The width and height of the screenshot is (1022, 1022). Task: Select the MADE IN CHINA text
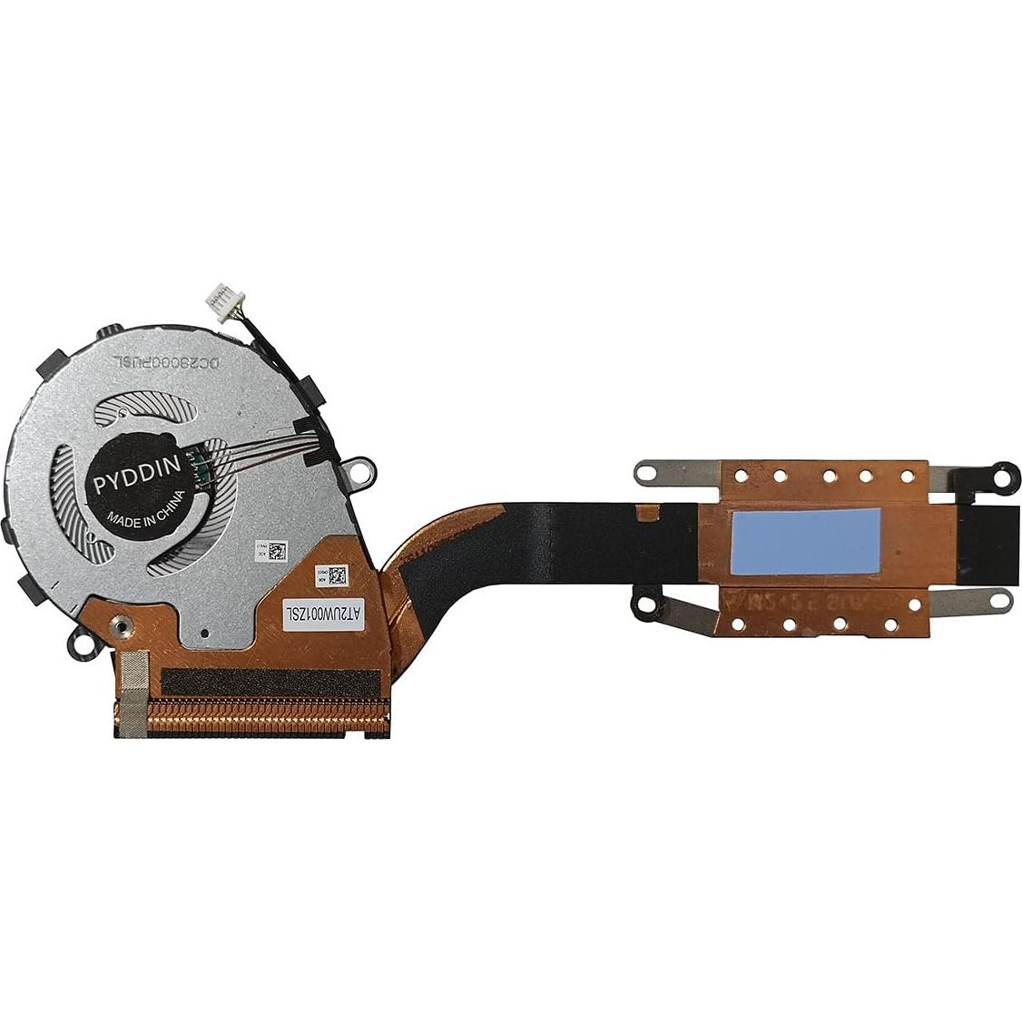[x=145, y=510]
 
